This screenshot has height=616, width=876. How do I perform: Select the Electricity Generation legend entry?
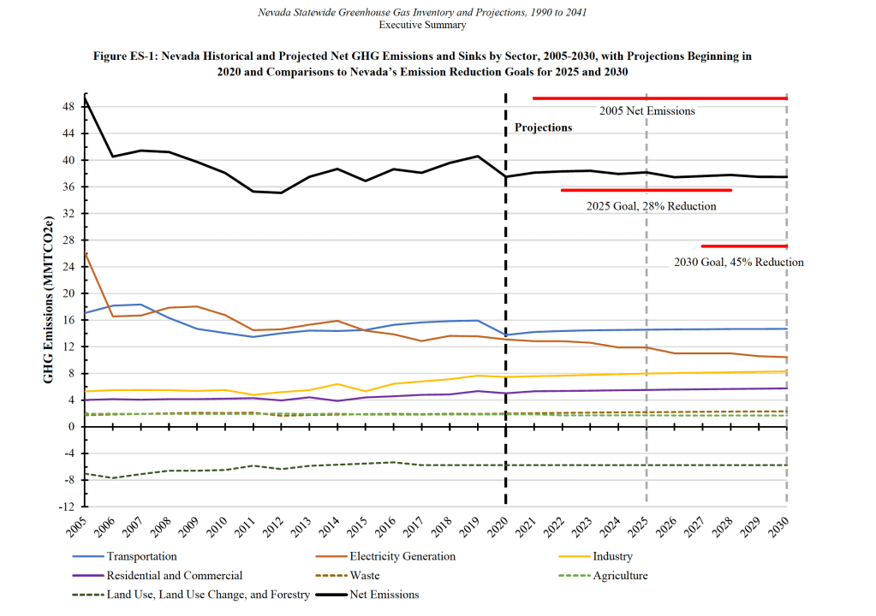pyautogui.click(x=402, y=556)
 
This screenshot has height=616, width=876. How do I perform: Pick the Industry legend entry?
pyautogui.click(x=614, y=556)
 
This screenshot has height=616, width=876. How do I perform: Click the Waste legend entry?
pyautogui.click(x=366, y=575)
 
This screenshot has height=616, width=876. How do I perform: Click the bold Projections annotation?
pyautogui.click(x=543, y=127)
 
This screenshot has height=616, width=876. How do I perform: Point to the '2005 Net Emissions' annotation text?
pyautogui.click(x=647, y=110)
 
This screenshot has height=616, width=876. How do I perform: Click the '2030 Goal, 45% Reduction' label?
pyautogui.click(x=738, y=262)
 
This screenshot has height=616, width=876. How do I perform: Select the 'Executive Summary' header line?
pyautogui.click(x=422, y=25)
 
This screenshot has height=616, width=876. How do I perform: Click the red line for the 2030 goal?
pyautogui.click(x=743, y=246)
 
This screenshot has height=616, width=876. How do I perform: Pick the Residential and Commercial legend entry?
pyautogui.click(x=174, y=575)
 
